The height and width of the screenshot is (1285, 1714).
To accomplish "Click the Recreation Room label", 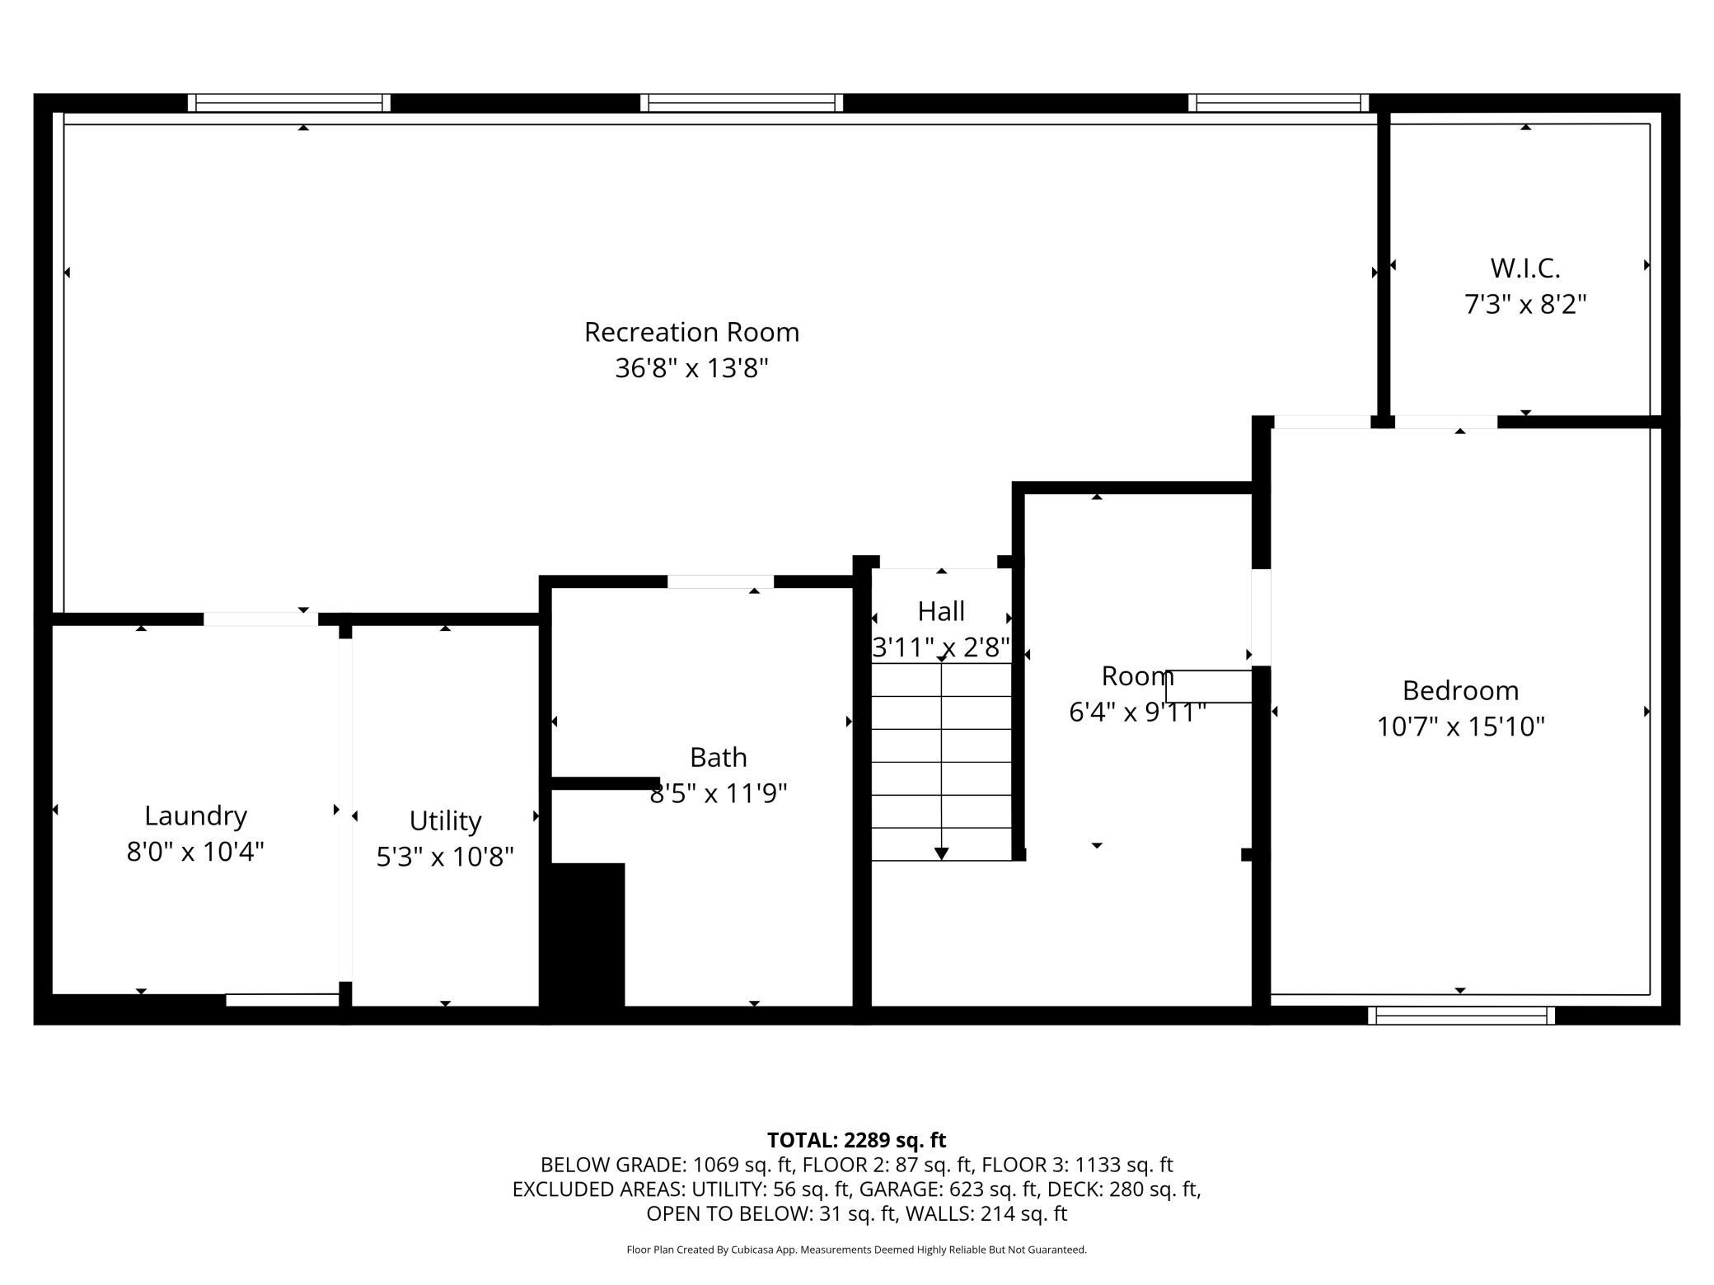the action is (x=691, y=332).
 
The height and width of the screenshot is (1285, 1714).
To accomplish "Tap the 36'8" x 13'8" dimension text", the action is (x=691, y=367).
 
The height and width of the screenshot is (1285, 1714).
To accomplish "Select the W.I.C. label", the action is (x=1525, y=269).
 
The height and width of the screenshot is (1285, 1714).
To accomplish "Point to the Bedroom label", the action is (x=1460, y=690).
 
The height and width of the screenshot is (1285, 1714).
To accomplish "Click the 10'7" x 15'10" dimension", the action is (x=1460, y=727).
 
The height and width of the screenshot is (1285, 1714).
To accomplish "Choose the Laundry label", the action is (x=195, y=816).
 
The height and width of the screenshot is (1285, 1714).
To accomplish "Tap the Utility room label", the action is (x=445, y=821).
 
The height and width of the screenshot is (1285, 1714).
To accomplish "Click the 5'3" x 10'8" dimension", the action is (x=445, y=857).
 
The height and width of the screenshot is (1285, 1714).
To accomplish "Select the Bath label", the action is (x=719, y=757).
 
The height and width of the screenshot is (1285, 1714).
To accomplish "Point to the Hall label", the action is (x=941, y=611).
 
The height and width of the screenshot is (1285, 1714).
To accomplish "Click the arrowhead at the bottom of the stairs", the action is (x=941, y=853).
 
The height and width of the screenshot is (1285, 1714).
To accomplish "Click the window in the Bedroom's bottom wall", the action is (x=1461, y=1015).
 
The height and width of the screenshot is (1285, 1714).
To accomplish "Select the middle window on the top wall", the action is (x=742, y=103).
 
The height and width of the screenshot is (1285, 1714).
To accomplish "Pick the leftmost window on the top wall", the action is (x=289, y=103).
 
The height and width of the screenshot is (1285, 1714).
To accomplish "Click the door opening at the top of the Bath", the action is (x=720, y=582).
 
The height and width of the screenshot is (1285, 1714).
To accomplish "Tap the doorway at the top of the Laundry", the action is (x=260, y=619).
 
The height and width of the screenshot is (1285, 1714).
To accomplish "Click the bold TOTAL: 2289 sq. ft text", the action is (x=856, y=1140).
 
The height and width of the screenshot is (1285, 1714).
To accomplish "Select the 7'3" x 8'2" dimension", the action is (x=1525, y=305).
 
